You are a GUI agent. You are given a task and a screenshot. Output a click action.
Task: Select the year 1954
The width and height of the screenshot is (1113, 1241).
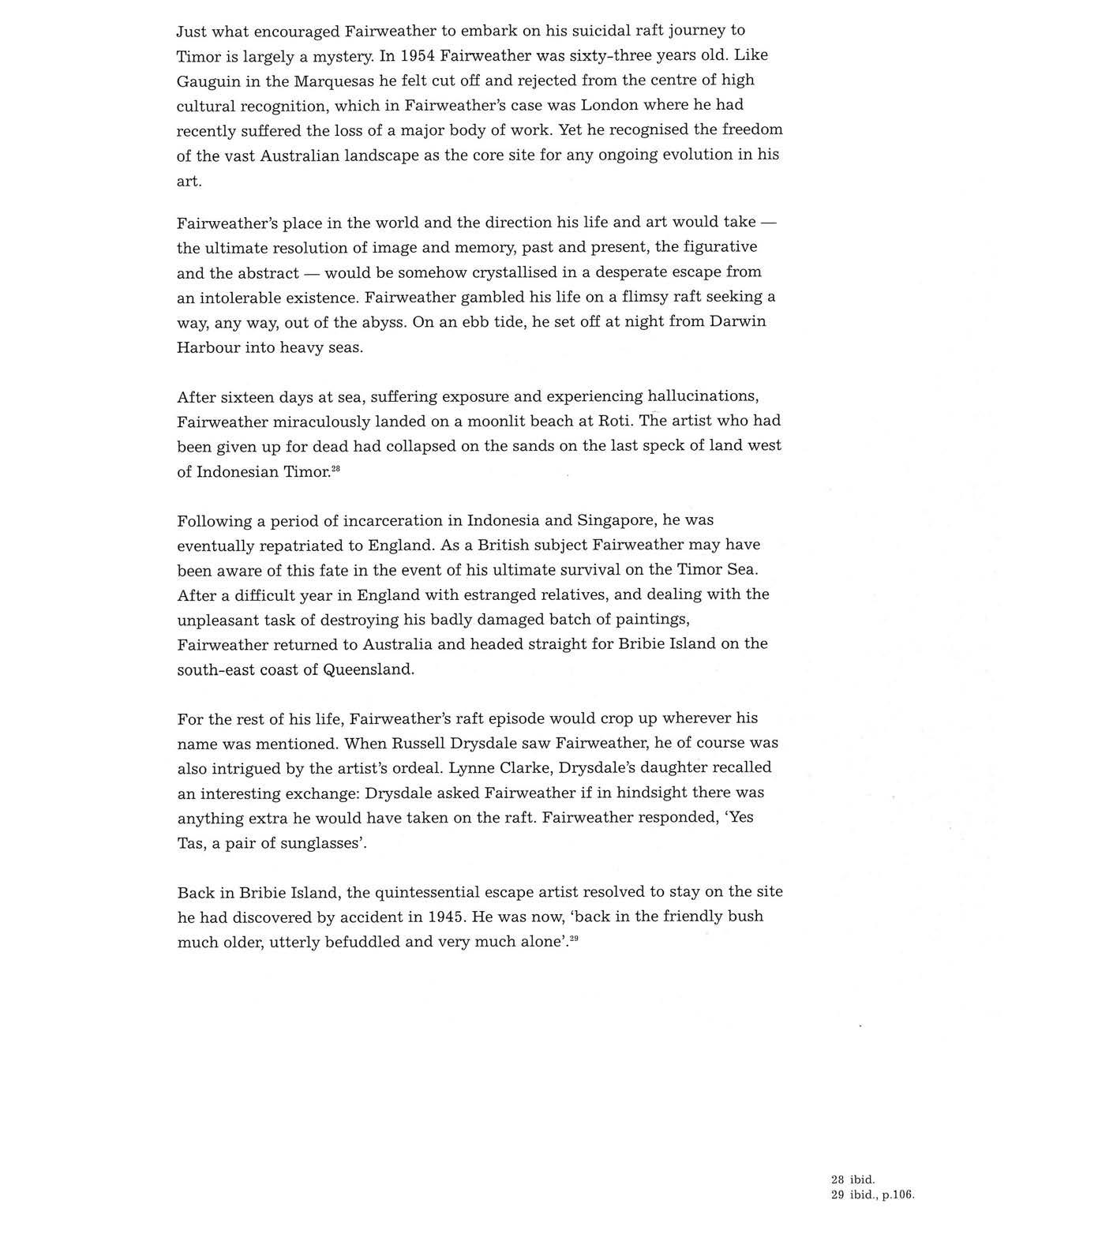point(418,55)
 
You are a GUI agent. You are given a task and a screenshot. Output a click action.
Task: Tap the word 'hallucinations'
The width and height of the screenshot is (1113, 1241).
point(702,396)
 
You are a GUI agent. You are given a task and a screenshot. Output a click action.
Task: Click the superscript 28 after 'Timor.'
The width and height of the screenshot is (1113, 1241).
point(335,469)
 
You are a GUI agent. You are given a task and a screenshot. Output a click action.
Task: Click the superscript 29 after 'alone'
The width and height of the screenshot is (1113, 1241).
point(574,938)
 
